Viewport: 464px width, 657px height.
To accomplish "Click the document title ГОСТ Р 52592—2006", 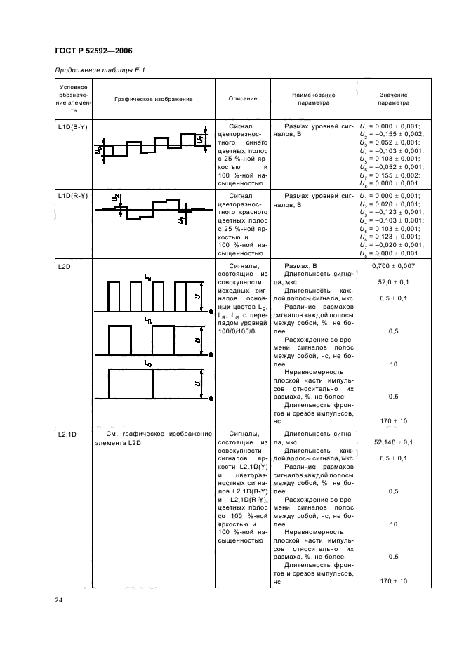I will [93, 51].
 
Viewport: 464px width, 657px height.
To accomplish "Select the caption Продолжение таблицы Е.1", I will [99, 69].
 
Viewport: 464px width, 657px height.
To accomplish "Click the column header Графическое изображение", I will [154, 99].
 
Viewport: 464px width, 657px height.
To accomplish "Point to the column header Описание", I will [243, 98].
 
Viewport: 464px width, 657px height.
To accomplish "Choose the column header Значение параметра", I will [394, 98].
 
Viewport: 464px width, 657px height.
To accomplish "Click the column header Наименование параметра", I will [313, 98].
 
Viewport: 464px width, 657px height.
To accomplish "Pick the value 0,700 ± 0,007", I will [394, 267].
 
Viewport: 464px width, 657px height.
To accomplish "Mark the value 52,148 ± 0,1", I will [394, 443].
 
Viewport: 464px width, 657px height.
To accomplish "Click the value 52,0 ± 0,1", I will [394, 283].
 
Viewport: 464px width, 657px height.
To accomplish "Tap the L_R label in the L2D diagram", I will [147, 319].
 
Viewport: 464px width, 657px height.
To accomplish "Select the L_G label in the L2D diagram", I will [147, 363].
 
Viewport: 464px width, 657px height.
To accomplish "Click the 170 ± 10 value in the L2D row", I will [394, 420].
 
